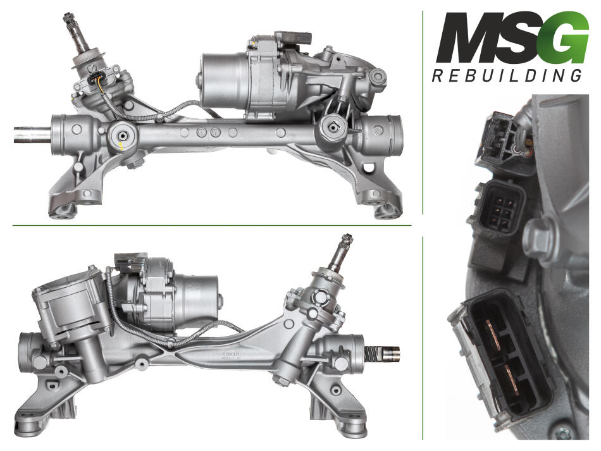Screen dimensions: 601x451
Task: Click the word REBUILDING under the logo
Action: click(507, 75)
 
